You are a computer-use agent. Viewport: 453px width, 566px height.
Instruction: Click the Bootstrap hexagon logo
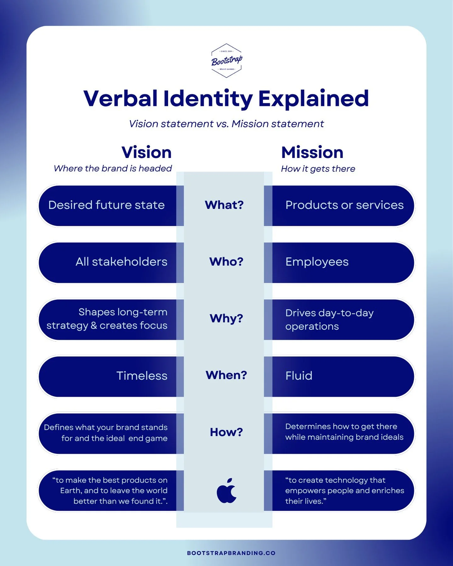(x=226, y=61)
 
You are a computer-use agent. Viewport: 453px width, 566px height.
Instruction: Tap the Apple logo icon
(x=226, y=490)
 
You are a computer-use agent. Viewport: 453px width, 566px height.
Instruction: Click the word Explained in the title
(x=313, y=99)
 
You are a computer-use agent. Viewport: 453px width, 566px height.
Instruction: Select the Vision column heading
(x=146, y=153)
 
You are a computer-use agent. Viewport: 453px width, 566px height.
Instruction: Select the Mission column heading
(x=312, y=153)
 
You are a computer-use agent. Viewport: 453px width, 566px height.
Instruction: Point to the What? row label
(x=224, y=205)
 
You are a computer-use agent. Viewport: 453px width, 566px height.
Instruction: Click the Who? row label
(x=226, y=262)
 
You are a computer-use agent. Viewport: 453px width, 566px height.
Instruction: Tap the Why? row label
(x=226, y=318)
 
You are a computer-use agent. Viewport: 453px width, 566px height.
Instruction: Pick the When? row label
(x=226, y=375)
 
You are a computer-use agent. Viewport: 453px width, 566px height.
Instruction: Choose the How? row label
(x=226, y=432)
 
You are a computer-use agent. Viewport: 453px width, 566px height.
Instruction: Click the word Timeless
(x=142, y=376)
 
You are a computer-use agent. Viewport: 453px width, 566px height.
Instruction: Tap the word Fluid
(x=299, y=376)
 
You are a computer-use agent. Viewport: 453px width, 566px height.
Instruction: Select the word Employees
(x=317, y=262)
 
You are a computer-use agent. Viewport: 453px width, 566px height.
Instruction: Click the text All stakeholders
(x=121, y=262)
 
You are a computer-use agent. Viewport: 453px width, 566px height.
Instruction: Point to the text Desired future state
(x=106, y=205)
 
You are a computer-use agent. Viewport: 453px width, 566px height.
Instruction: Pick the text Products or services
(x=344, y=205)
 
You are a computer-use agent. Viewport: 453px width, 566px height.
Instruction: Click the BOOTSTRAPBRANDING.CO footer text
(x=231, y=553)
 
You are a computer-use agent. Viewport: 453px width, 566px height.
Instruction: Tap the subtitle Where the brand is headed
(x=113, y=169)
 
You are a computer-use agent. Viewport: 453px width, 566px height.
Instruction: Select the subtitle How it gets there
(x=318, y=169)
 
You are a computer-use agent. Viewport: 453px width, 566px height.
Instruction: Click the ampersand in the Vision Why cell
(x=94, y=325)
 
